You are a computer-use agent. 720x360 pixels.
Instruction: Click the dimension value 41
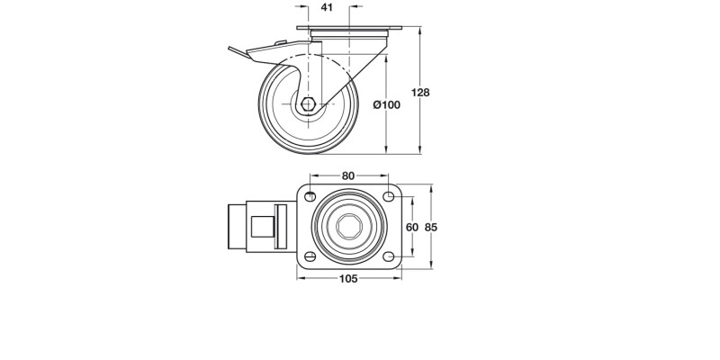[327, 8]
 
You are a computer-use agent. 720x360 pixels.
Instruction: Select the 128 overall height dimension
[420, 92]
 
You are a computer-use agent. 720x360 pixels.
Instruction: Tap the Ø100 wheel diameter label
[386, 104]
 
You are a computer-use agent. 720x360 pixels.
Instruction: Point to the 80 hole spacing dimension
[348, 175]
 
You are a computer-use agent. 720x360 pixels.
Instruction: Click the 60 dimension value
[412, 228]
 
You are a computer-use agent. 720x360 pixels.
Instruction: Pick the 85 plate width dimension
[431, 228]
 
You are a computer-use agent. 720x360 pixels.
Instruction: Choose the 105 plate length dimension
[348, 279]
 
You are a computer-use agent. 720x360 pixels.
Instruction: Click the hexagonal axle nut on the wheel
[309, 104]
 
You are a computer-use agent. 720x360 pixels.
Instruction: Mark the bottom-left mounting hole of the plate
[310, 257]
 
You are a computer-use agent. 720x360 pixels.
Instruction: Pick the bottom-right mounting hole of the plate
[388, 257]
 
